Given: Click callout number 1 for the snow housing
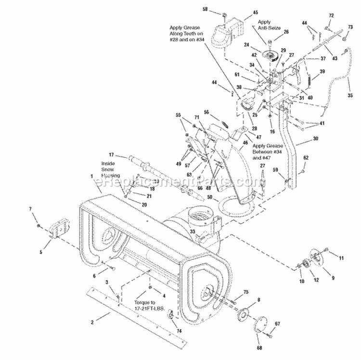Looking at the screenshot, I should pyautogui.click(x=92, y=176).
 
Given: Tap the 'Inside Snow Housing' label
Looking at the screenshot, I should pyautogui.click(x=111, y=169).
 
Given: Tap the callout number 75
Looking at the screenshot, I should pyautogui.click(x=245, y=292).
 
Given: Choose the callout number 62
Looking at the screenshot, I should pyautogui.click(x=306, y=157).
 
